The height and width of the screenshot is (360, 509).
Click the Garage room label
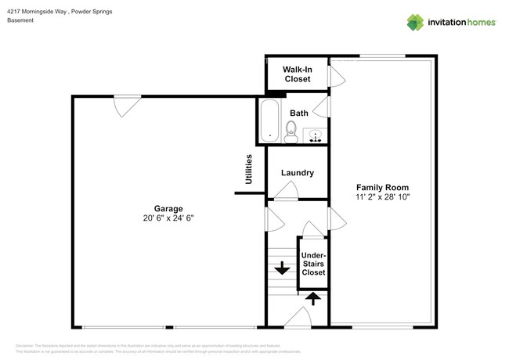click(168, 208)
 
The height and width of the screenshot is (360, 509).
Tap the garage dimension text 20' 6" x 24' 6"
click(168, 218)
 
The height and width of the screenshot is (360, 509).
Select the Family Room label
click(383, 187)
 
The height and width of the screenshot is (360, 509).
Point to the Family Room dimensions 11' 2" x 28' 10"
click(383, 197)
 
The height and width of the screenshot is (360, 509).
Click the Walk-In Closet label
click(297, 74)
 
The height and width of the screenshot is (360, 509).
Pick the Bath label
click(298, 113)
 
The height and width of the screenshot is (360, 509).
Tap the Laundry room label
click(298, 173)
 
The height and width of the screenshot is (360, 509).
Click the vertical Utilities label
click(249, 169)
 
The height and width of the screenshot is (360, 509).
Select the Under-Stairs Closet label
click(313, 264)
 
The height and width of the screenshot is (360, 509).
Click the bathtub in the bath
click(269, 122)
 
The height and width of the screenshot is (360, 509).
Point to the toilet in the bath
click(291, 131)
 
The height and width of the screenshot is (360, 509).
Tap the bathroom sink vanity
click(316, 135)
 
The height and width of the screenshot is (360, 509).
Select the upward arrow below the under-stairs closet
click(312, 298)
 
